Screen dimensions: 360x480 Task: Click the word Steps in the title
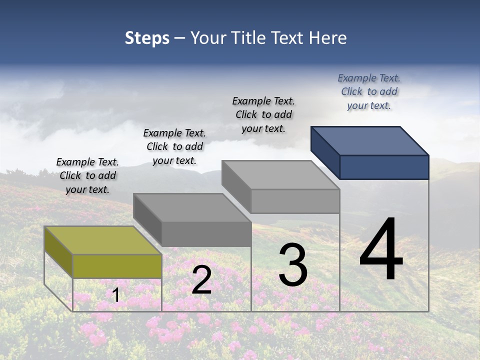click(x=147, y=38)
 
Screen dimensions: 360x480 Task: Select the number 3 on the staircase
click(x=293, y=265)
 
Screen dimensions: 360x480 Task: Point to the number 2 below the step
click(x=201, y=280)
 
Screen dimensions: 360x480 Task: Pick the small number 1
click(x=116, y=295)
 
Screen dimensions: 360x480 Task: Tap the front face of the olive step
click(x=117, y=266)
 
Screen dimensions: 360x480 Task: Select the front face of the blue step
click(x=384, y=167)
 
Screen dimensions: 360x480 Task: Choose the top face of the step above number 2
click(x=192, y=207)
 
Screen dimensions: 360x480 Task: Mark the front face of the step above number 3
click(x=295, y=201)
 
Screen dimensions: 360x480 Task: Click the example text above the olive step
click(x=87, y=175)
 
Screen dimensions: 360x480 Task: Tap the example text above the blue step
click(x=369, y=91)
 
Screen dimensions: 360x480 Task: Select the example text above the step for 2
click(x=174, y=146)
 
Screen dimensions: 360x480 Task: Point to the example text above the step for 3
click(x=263, y=114)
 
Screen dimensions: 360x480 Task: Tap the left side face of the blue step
click(x=325, y=152)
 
